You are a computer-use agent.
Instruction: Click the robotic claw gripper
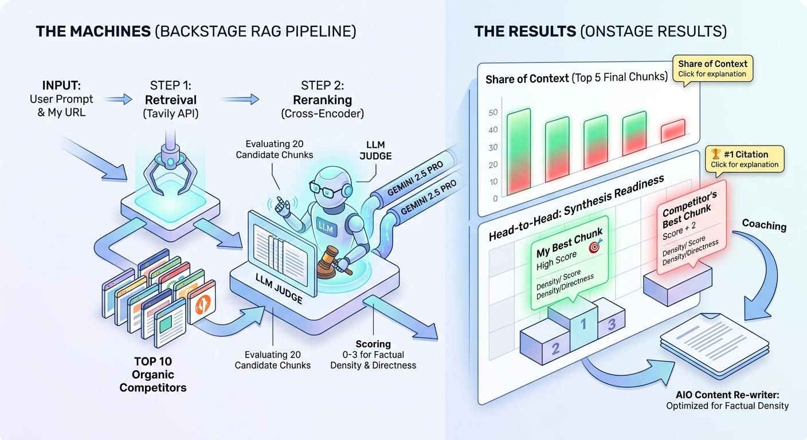click(170, 169)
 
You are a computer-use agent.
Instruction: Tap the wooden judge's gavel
click(333, 262)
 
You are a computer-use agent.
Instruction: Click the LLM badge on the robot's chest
click(327, 227)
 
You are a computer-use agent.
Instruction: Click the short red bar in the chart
click(673, 131)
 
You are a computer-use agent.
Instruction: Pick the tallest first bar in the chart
click(519, 152)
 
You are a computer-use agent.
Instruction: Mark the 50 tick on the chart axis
click(493, 113)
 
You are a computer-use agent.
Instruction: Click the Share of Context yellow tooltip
click(712, 69)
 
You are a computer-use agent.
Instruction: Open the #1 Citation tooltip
click(745, 160)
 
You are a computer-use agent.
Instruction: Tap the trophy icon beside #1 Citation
click(715, 154)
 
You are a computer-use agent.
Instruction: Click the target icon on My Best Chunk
click(595, 246)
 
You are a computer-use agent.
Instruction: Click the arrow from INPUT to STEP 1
click(118, 99)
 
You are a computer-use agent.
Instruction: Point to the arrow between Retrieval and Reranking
click(240, 99)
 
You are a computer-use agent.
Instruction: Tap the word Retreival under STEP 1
click(171, 100)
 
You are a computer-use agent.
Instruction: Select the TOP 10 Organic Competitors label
click(153, 375)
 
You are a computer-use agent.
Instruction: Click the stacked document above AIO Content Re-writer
click(714, 345)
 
